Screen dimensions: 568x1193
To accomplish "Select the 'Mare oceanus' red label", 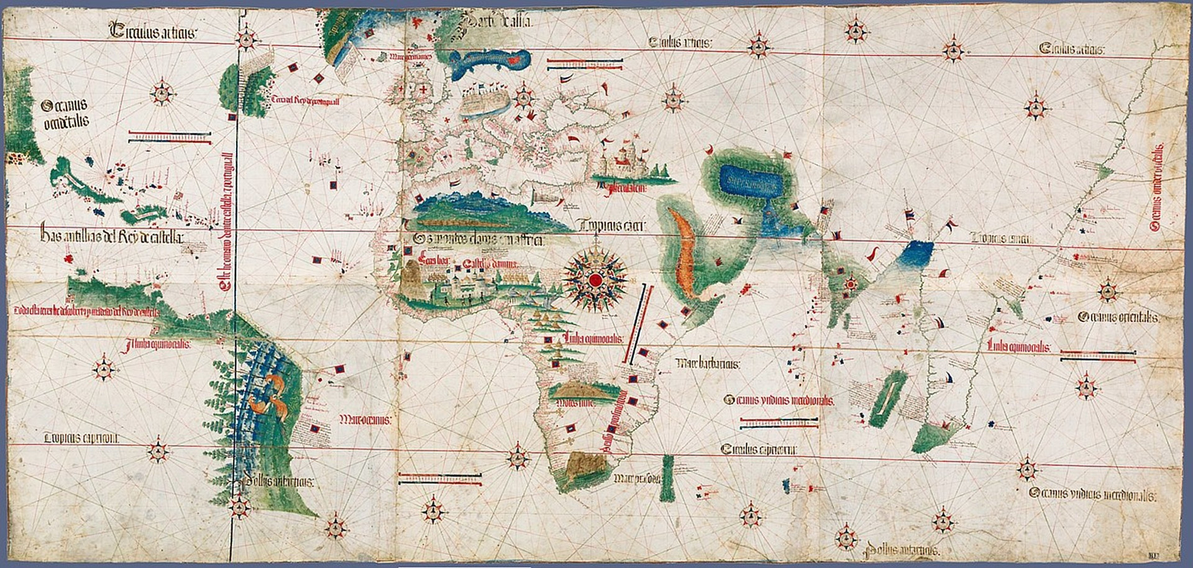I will tap(364, 420).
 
